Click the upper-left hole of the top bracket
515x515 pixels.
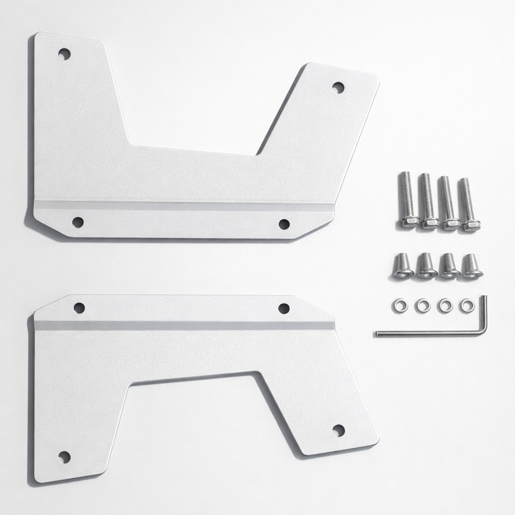pos(64,53)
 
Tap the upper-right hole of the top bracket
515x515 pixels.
pos(338,87)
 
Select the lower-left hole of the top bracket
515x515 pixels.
pos(77,222)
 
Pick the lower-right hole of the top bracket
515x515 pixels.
pos(284,224)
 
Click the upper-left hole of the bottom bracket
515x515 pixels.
pos(79,307)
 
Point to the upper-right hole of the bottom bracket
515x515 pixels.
pos(284,308)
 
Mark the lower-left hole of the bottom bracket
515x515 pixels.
pos(64,457)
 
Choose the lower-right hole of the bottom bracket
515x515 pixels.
pos(338,431)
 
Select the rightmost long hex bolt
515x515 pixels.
pos(468,204)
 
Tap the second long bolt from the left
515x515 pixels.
pos(428,201)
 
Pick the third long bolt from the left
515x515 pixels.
pos(448,202)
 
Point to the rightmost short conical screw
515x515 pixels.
pos(472,266)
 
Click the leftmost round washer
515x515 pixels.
pos(400,305)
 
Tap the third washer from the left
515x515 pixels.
pos(445,305)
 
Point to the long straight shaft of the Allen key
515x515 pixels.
pos(427,332)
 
